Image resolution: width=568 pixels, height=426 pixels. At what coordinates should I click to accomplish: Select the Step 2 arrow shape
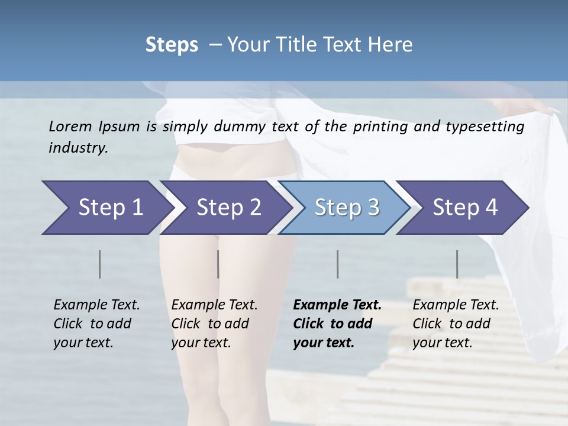pyautogui.click(x=228, y=208)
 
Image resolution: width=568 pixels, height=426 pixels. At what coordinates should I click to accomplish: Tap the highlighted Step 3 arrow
pyautogui.click(x=346, y=208)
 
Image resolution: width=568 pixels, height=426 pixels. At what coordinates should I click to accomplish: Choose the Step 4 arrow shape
pyautogui.click(x=464, y=208)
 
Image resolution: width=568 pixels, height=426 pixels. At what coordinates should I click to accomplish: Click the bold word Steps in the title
pyautogui.click(x=172, y=45)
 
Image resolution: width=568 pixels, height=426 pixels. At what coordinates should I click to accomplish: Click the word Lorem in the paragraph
pyautogui.click(x=70, y=127)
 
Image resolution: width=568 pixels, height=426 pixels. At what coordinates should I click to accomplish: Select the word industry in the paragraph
pyautogui.click(x=78, y=148)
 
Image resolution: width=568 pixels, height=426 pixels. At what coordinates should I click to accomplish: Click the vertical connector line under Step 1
pyautogui.click(x=100, y=264)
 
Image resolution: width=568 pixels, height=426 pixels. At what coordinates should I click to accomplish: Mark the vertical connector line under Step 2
pyautogui.click(x=218, y=264)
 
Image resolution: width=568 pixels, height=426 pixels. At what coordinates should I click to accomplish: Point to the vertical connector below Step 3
pyautogui.click(x=338, y=264)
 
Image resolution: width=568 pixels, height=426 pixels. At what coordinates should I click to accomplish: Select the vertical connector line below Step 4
pyautogui.click(x=457, y=264)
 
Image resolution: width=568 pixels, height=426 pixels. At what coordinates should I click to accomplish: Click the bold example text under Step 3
pyautogui.click(x=337, y=324)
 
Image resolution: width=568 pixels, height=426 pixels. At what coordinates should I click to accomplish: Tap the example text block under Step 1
pyautogui.click(x=96, y=324)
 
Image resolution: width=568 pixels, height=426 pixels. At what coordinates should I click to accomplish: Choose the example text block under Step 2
pyautogui.click(x=214, y=324)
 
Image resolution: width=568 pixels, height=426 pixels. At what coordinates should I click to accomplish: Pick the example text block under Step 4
pyautogui.click(x=456, y=324)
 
